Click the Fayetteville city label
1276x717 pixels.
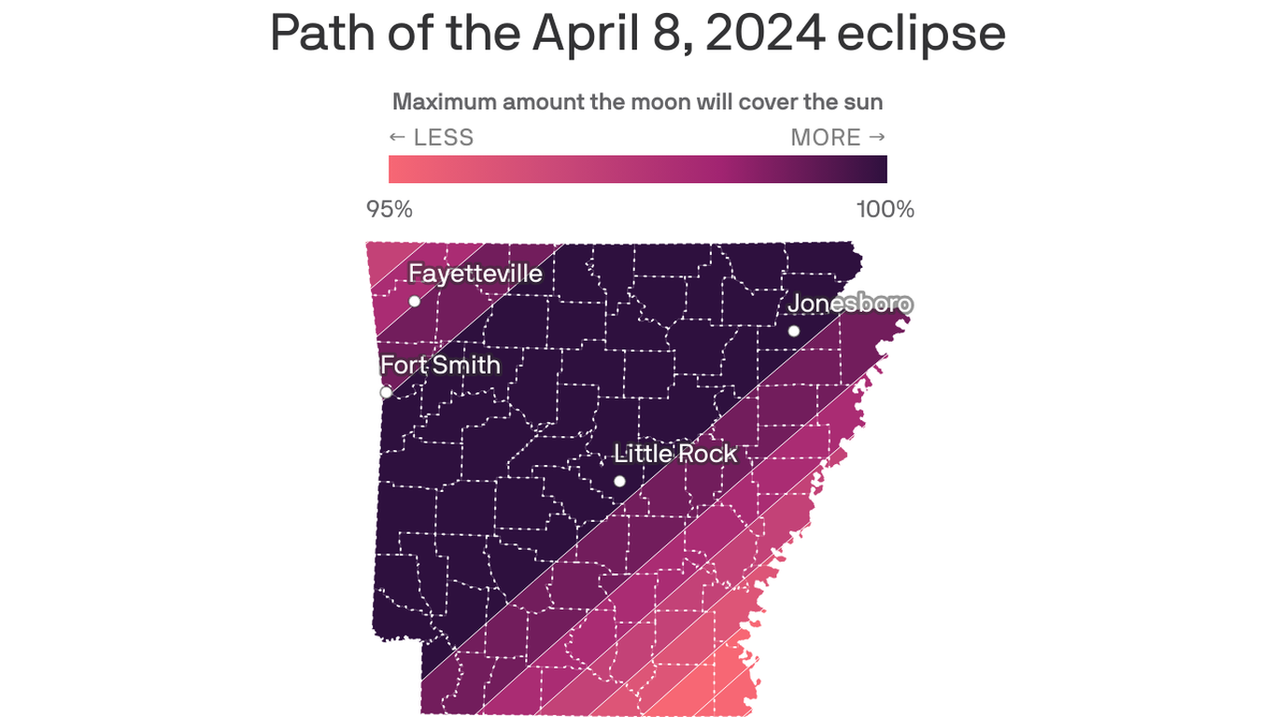(475, 274)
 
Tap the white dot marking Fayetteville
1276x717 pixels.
(415, 301)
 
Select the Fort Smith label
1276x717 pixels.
(440, 364)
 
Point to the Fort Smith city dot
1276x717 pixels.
(386, 392)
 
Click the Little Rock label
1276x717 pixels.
(675, 454)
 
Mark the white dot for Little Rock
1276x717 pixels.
(619, 482)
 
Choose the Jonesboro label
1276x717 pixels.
(850, 303)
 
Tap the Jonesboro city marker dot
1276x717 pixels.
(794, 330)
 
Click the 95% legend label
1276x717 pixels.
(390, 210)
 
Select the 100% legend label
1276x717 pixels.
(886, 210)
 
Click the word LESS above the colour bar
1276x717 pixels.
(444, 138)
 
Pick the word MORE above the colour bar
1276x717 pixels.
(826, 138)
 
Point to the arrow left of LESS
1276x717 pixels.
(397, 138)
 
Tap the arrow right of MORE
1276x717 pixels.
(877, 138)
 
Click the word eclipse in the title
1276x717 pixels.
(921, 34)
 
